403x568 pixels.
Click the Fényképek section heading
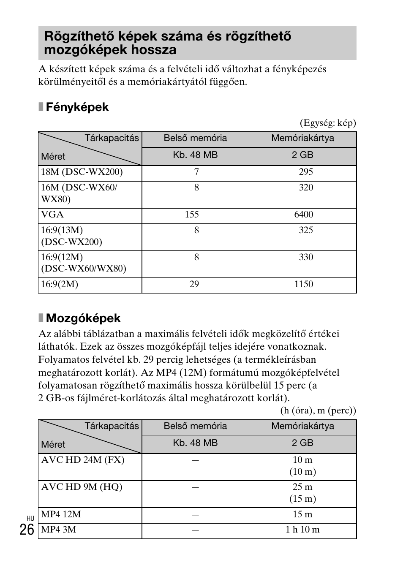(x=77, y=107)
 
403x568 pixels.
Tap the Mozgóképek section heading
(x=83, y=318)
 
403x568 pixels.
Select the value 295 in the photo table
(x=306, y=172)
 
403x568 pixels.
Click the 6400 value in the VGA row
(x=304, y=215)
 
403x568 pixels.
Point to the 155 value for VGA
(x=192, y=215)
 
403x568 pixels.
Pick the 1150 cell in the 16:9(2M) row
(x=304, y=284)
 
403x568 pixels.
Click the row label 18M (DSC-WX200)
(x=82, y=172)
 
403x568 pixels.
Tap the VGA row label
(x=52, y=215)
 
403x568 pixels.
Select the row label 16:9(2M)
(x=60, y=284)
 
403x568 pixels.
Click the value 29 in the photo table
(x=194, y=284)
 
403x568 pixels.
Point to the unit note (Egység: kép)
(x=328, y=123)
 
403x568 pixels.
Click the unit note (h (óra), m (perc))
(x=318, y=410)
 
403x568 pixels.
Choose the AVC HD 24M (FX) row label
(x=83, y=460)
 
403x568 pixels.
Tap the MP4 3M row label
(x=59, y=530)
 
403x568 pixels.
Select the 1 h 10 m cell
(x=302, y=530)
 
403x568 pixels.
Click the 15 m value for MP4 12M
(x=302, y=514)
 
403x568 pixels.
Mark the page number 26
(x=27, y=529)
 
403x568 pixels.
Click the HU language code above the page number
(x=30, y=518)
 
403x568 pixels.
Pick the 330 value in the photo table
(x=306, y=257)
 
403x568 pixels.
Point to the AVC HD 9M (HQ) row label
(x=82, y=487)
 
